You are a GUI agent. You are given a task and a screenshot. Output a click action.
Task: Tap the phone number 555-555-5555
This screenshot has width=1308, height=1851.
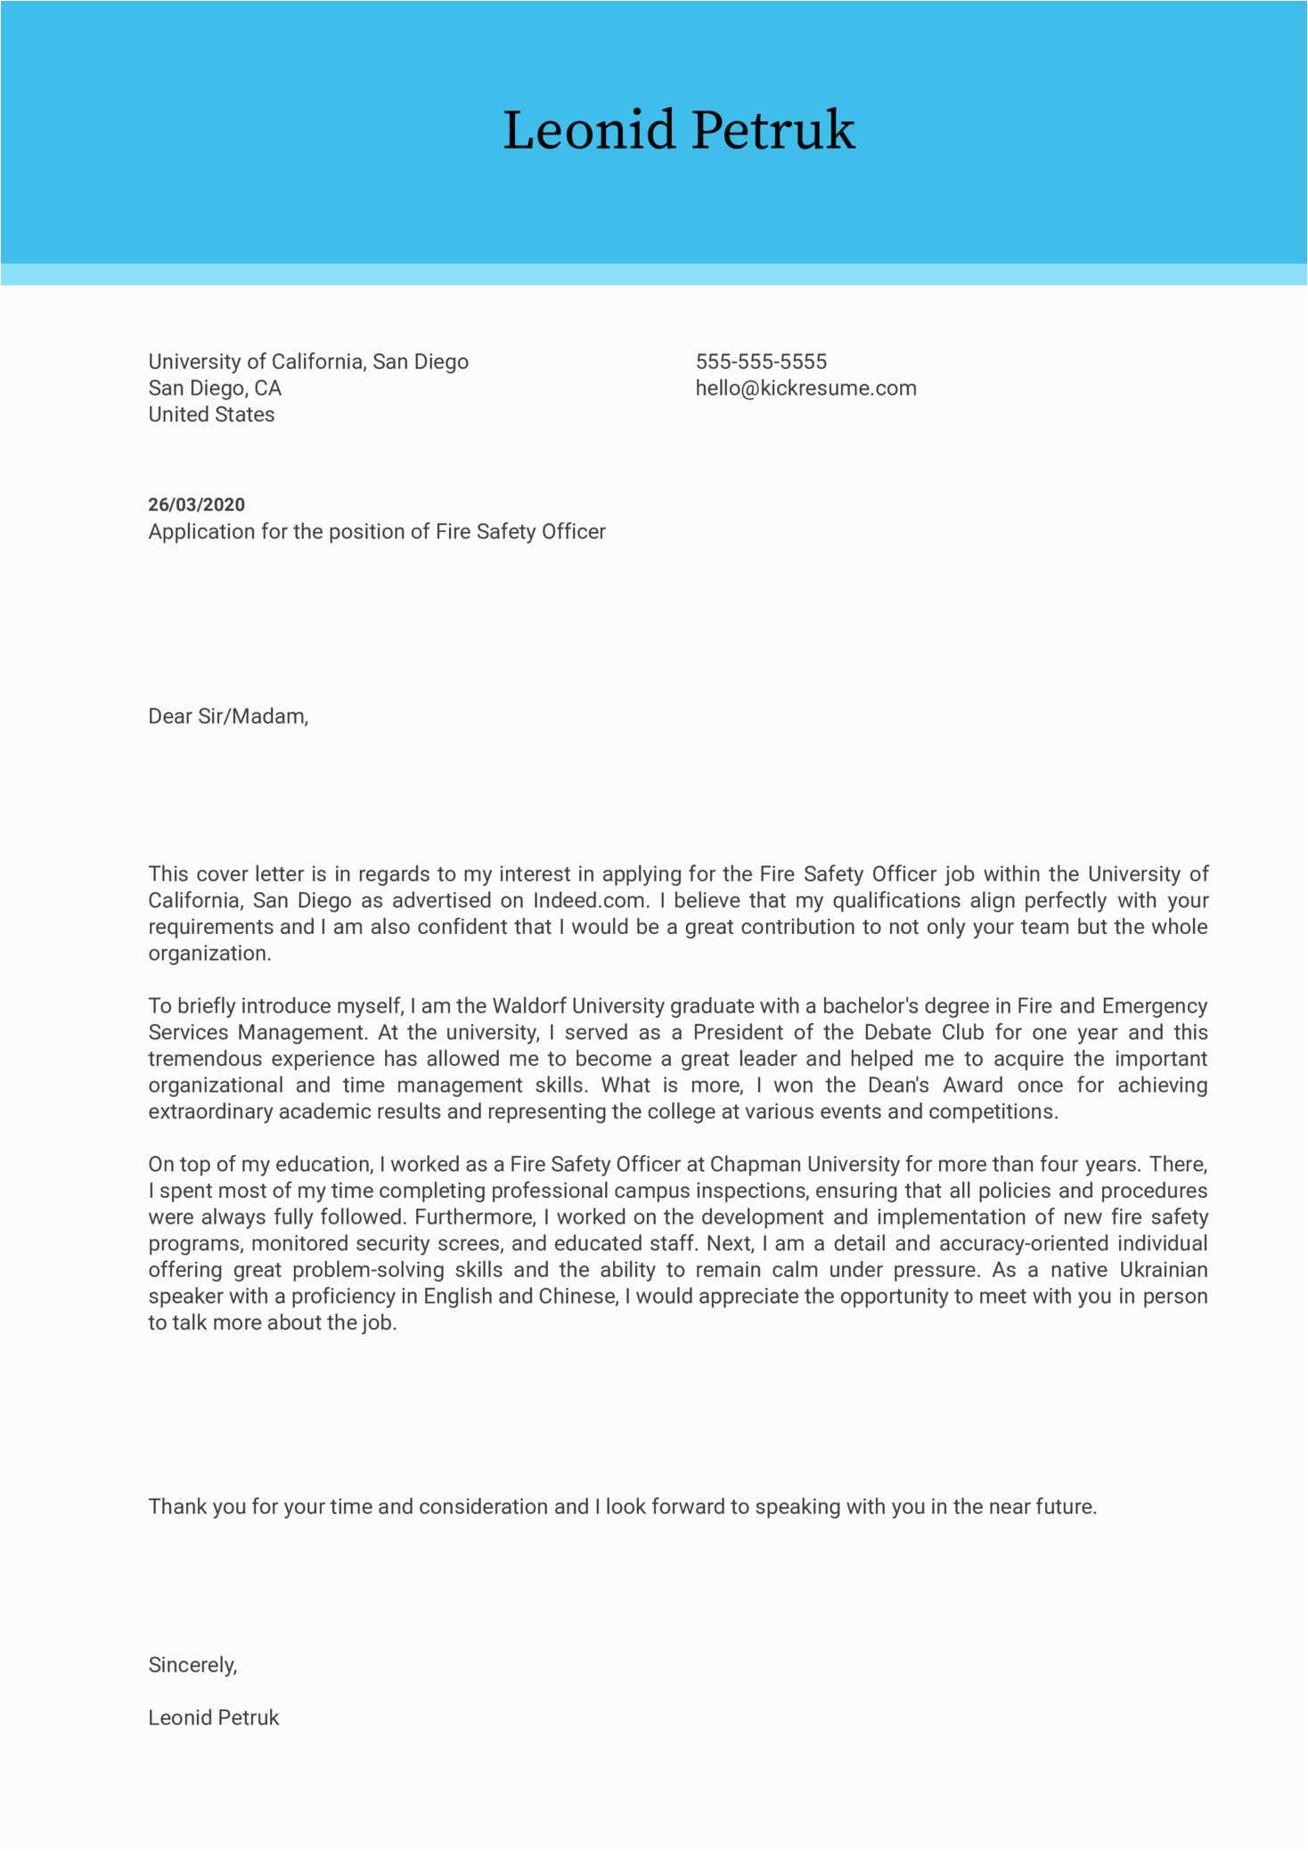761,362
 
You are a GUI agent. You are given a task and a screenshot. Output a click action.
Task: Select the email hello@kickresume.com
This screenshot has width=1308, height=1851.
805,389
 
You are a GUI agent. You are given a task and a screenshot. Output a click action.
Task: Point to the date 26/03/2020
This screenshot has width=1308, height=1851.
196,504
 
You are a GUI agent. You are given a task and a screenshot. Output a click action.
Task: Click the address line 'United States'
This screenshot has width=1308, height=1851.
211,414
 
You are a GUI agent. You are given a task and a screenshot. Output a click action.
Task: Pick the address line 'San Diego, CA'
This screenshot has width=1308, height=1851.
215,389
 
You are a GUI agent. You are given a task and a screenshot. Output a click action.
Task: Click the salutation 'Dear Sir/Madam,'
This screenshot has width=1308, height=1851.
228,717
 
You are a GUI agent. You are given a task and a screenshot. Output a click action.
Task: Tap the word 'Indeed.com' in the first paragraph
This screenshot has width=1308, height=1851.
589,901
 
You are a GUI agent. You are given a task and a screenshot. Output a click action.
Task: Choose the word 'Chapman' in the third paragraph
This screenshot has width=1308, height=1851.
755,1165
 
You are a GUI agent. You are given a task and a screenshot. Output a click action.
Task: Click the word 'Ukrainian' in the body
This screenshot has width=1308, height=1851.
1163,1270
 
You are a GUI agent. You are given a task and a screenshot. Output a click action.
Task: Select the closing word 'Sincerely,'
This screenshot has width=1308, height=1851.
192,1665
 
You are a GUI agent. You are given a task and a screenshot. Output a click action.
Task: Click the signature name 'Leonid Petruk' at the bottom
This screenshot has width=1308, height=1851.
213,1717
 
